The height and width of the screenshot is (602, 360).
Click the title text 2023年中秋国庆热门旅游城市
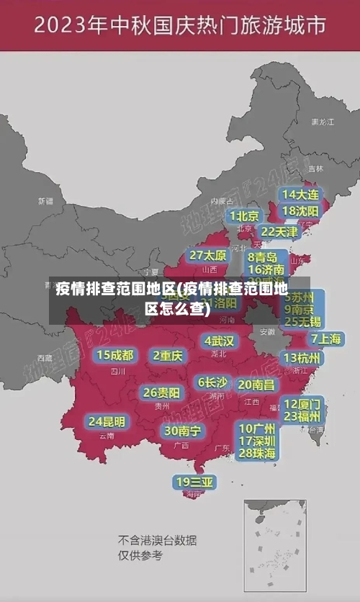[180, 27]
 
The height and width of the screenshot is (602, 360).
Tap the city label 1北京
[244, 215]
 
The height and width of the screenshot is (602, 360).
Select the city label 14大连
[300, 194]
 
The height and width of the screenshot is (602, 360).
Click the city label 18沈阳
[300, 211]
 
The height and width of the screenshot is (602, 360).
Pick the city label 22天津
[279, 232]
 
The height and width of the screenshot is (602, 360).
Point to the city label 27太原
[208, 255]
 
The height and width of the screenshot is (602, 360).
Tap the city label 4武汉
[219, 341]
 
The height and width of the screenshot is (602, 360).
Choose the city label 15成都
[115, 355]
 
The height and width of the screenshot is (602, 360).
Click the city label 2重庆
[168, 355]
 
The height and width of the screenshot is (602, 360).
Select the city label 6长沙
[212, 382]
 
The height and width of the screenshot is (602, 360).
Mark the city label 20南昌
[256, 385]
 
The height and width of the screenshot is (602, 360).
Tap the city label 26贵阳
[161, 392]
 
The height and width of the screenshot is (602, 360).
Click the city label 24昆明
[107, 421]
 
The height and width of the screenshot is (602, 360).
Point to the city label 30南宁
[182, 431]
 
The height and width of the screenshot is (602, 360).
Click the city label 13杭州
[302, 358]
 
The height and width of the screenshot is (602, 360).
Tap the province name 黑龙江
[323, 122]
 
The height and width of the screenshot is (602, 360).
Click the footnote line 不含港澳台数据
[157, 540]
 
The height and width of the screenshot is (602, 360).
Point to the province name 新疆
[45, 201]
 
